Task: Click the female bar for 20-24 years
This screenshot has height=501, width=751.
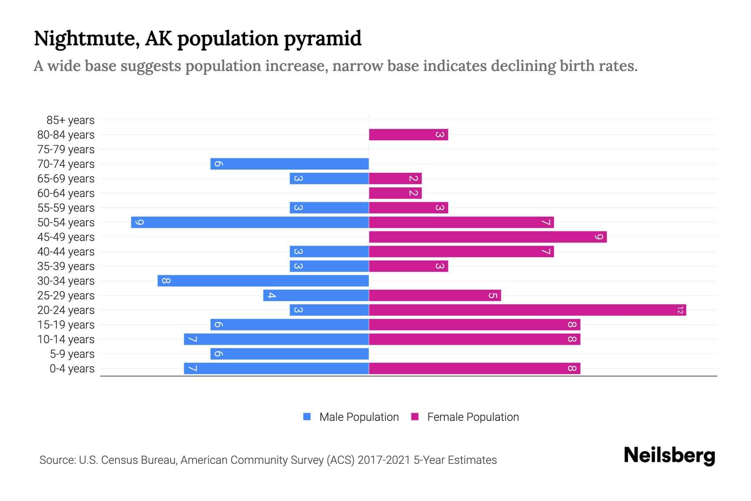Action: (x=527, y=310)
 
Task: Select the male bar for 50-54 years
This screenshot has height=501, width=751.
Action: (x=250, y=223)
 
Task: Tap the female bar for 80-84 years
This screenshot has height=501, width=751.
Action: (x=408, y=135)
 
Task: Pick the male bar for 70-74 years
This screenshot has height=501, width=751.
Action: (x=290, y=164)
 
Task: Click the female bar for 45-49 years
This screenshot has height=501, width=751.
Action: (x=488, y=237)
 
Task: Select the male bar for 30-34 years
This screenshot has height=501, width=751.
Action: (x=263, y=281)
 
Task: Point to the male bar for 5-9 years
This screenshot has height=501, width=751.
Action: (x=290, y=354)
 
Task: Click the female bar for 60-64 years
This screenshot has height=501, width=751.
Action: (x=395, y=193)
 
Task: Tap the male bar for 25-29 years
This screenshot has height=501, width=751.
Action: (x=316, y=296)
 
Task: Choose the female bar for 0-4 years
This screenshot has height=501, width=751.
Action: (x=474, y=369)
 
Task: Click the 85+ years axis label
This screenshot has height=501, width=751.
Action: (x=71, y=120)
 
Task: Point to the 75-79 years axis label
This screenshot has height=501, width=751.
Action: (x=66, y=149)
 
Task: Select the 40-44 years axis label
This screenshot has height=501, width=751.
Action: (x=66, y=252)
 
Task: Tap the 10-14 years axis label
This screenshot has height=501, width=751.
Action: (x=66, y=339)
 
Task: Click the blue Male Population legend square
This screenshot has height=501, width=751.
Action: (x=307, y=417)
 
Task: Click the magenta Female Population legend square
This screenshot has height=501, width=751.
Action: (x=415, y=417)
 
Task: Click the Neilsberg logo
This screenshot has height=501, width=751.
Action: (x=669, y=455)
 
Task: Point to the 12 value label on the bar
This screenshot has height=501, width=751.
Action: (x=680, y=310)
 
